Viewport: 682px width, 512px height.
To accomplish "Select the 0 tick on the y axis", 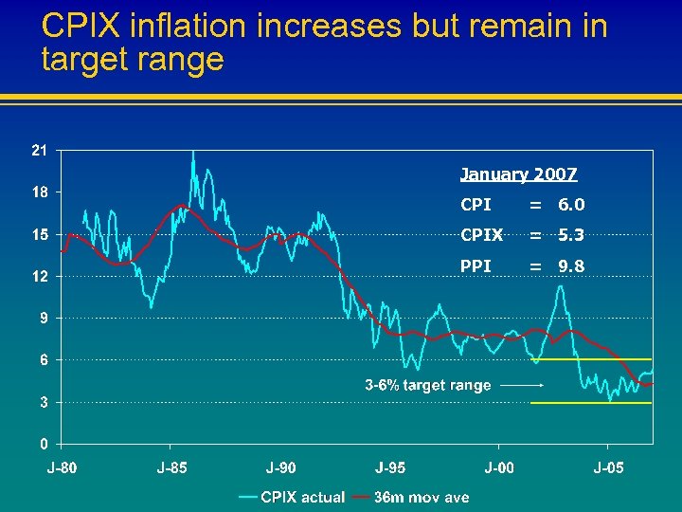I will [45, 444].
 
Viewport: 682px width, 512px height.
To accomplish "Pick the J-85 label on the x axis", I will [171, 467].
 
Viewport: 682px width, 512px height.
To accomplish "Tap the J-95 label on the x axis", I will [390, 467].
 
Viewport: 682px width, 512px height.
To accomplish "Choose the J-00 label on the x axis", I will [500, 467].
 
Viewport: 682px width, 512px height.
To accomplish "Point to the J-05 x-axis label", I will [609, 467].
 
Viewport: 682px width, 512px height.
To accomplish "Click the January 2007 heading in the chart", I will [518, 174].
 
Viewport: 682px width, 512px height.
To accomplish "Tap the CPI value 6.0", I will [571, 205].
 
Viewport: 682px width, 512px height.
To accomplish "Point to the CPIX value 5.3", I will [571, 235].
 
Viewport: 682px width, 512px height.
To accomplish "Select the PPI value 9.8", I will [571, 266].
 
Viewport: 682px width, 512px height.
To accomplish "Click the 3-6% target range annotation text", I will [428, 385].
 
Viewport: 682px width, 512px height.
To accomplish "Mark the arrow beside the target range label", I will [521, 386].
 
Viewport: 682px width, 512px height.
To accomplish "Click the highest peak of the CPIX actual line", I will [193, 152].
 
